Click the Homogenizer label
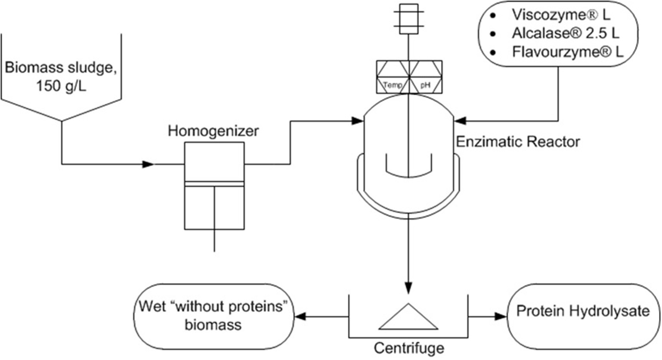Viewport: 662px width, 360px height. coord(213,130)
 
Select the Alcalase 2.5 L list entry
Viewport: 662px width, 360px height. coord(566,33)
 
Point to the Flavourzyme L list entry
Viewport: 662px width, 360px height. coord(567,52)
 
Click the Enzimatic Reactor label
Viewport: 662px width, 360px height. coord(518,142)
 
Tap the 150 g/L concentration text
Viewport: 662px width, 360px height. coord(61,87)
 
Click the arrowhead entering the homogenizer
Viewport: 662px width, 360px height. coord(148,164)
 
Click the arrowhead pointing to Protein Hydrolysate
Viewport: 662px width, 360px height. coord(501,317)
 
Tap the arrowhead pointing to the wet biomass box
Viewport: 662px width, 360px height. coord(300,317)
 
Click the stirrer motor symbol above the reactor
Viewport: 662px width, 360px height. coord(408,19)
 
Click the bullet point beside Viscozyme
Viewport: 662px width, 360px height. coord(493,16)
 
